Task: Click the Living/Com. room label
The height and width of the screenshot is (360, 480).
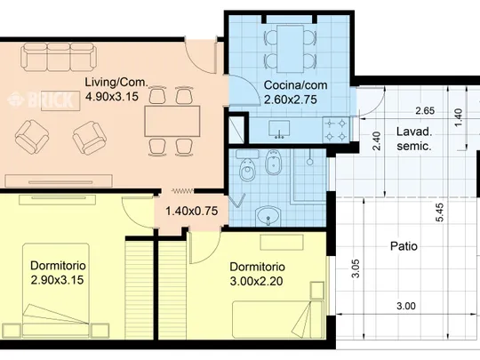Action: [116, 82]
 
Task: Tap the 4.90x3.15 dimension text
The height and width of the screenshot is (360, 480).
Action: [112, 97]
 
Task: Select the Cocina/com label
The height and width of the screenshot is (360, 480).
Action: [295, 85]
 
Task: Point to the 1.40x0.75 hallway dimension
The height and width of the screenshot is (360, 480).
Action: [192, 211]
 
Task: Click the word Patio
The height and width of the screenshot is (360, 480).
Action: [404, 246]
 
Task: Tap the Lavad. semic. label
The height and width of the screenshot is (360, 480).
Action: [414, 139]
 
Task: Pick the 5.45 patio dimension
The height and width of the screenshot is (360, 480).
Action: [440, 212]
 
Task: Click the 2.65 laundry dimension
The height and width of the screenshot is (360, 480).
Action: [425, 110]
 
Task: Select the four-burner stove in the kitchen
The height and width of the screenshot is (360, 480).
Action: [335, 130]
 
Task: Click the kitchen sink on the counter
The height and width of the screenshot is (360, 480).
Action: [279, 129]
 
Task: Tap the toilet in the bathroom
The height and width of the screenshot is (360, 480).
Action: [247, 168]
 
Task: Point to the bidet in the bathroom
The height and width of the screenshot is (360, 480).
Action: [274, 163]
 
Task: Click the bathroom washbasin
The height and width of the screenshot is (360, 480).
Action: [268, 215]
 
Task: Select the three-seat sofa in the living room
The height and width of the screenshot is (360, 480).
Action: [59, 57]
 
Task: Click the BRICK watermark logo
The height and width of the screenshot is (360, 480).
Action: [41, 99]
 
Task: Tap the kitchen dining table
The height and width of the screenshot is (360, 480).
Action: [290, 49]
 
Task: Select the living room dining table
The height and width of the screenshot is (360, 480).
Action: [172, 121]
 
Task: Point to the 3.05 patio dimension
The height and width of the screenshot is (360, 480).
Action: [356, 268]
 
